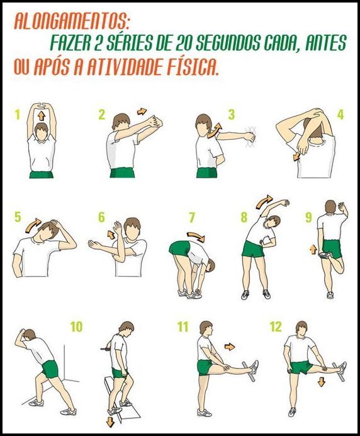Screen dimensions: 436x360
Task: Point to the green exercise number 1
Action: click(18, 115)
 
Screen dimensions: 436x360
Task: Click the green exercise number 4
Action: click(340, 115)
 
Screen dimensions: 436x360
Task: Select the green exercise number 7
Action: click(192, 218)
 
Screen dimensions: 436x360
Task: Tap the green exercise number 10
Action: click(76, 326)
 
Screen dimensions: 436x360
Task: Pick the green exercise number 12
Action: click(276, 326)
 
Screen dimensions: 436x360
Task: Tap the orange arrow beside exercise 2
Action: click(142, 112)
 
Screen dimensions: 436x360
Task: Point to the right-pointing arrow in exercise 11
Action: click(230, 346)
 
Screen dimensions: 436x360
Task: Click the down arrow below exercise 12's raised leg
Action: click(322, 382)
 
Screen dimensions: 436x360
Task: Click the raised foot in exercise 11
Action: click(253, 368)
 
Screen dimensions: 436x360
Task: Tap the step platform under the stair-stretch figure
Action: click(123, 403)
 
